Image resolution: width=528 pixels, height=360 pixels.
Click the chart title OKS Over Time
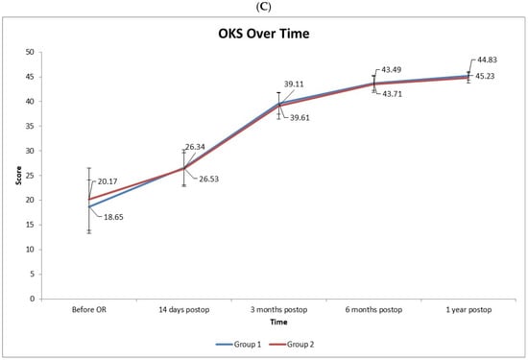[x=264, y=34]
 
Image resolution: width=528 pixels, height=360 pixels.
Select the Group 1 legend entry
[x=238, y=345]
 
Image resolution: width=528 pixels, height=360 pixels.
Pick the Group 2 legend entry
[x=292, y=345]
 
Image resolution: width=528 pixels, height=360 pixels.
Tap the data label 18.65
[x=113, y=217]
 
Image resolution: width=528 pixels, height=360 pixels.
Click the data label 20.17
[x=108, y=181]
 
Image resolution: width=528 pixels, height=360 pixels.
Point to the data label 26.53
[x=208, y=179]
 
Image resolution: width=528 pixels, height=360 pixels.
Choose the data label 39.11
[x=294, y=84]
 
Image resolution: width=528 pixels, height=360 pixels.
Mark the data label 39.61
[x=300, y=118]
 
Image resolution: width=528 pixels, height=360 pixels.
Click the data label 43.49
[x=392, y=70]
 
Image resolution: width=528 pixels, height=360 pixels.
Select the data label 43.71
[x=392, y=94]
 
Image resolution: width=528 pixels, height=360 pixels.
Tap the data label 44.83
[x=487, y=60]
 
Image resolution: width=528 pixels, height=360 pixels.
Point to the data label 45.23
[x=485, y=76]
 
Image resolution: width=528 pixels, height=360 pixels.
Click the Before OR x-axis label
[x=89, y=309]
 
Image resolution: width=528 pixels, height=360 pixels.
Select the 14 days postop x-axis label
[x=184, y=310]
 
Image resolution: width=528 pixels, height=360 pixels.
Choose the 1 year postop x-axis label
[x=468, y=310]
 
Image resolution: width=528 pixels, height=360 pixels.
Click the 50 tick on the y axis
[x=30, y=52]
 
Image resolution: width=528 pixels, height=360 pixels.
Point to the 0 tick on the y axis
[x=32, y=299]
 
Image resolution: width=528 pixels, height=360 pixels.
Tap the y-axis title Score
[x=18, y=176]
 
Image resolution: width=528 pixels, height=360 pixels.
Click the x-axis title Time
[x=278, y=323]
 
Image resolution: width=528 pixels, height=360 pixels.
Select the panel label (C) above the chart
[x=264, y=8]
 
